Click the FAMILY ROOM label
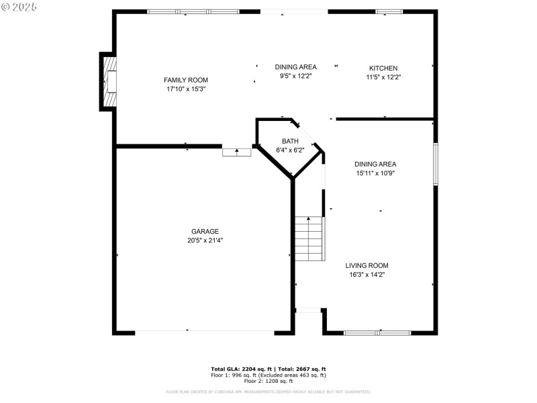coord(186,80)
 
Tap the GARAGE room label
coord(205,231)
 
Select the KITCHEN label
coord(383,68)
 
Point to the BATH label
coord(290,141)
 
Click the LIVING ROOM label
coord(367,265)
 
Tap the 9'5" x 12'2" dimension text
coord(295,76)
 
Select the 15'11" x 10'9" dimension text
coord(375,173)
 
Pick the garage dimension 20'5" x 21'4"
coord(205,240)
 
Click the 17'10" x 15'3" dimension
coord(186,89)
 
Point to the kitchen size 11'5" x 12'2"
coord(383,77)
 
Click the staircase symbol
coord(309,238)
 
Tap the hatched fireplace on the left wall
coord(108,81)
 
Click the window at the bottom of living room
coord(377,332)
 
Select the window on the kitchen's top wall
coord(389,11)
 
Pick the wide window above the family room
coord(193,11)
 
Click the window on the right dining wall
coord(435,163)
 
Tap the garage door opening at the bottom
coord(205,331)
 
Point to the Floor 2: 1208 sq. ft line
coord(268,381)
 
